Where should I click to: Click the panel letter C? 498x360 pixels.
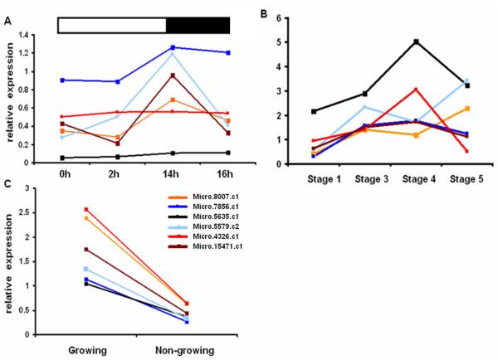8,178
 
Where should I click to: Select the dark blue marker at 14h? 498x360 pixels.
172,47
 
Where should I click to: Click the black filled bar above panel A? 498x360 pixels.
198,25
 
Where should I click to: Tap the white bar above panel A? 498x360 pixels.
112,25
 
